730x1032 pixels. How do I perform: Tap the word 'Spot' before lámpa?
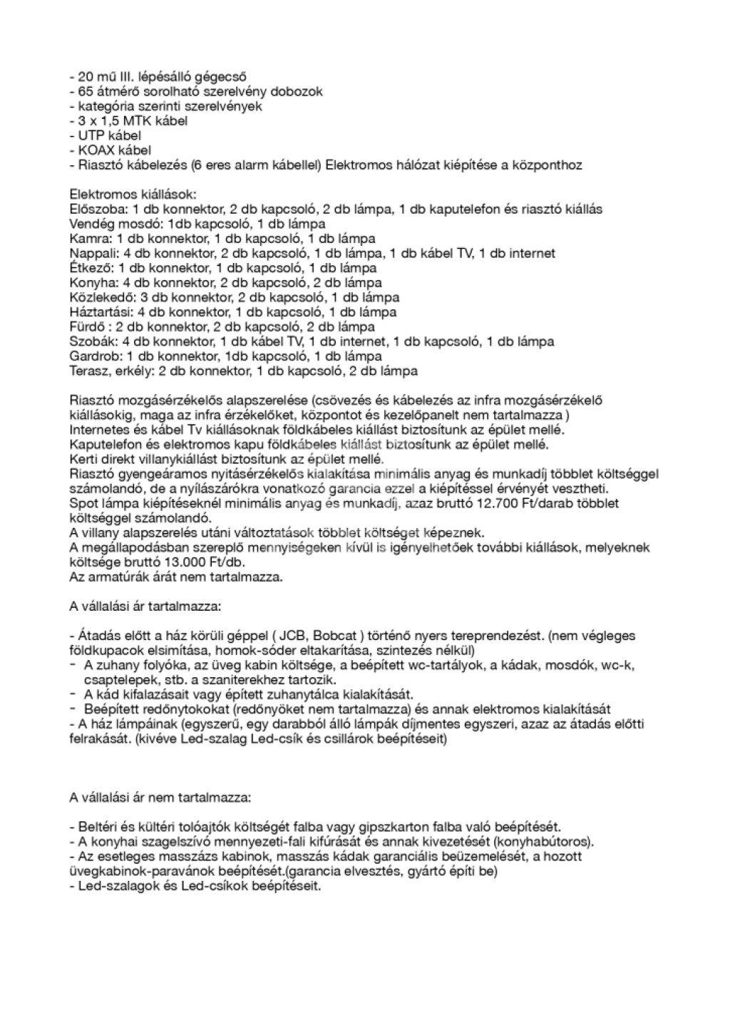point(82,504)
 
